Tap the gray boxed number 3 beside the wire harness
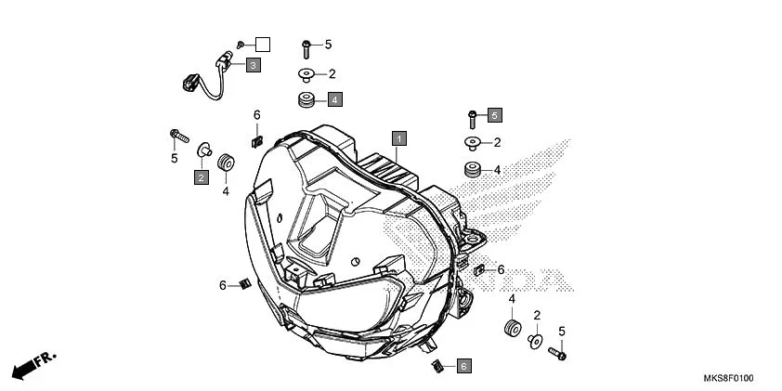coord(253,65)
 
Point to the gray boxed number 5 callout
coord(495,115)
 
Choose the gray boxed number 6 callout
coord(463,367)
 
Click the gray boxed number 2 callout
coord(201,176)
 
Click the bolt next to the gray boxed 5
coord(473,117)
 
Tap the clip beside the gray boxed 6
coord(436,364)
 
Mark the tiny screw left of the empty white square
coord(241,44)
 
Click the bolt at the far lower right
coord(557,353)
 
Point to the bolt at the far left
coord(176,136)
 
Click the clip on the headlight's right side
coord(479,269)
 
